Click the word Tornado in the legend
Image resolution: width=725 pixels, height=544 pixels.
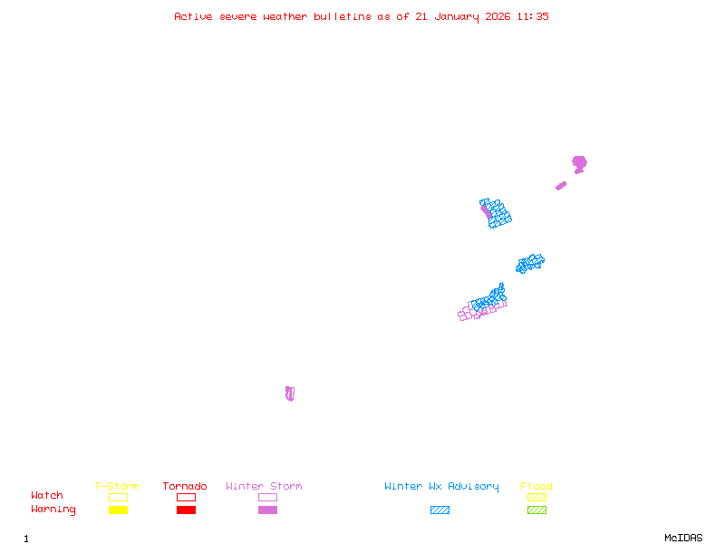[185, 487]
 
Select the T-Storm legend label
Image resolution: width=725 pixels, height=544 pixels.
[117, 487]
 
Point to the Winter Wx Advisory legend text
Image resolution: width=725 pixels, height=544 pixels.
[441, 487]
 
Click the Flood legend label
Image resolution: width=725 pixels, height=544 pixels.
[536, 487]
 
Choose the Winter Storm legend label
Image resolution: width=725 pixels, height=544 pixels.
[264, 487]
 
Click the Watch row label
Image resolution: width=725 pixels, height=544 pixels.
[47, 496]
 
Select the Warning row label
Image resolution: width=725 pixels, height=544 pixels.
[53, 510]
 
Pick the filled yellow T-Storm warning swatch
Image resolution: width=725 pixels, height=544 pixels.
[118, 510]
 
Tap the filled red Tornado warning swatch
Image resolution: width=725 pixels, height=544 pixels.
[186, 510]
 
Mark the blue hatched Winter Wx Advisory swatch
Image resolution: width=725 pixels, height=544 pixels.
[440, 510]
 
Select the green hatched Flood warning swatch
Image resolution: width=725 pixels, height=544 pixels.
[536, 510]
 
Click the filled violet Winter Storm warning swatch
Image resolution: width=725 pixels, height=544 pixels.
[267, 510]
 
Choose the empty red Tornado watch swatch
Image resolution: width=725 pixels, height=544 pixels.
[186, 497]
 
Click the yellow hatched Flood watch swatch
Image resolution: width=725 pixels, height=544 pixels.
[536, 497]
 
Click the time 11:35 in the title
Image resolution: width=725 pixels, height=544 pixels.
[533, 16]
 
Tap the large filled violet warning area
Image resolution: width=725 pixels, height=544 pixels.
[579, 163]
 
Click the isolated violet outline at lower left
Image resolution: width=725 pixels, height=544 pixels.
[289, 393]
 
